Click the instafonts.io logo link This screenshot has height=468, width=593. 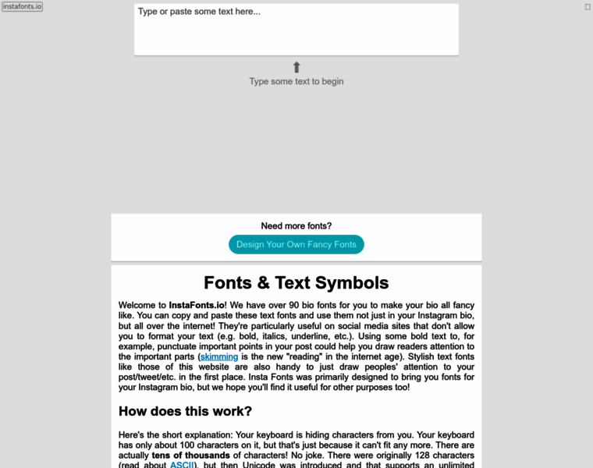(23, 6)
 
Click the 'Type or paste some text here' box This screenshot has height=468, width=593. (296, 30)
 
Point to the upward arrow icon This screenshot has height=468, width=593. (296, 67)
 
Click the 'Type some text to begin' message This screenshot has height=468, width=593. (296, 81)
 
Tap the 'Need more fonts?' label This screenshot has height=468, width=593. (296, 225)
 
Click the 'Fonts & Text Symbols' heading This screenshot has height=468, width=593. (296, 282)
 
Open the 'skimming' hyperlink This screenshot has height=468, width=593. (219, 356)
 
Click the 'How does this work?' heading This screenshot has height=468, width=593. (185, 411)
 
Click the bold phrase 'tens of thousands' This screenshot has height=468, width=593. (190, 455)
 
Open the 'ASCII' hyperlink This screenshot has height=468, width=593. (183, 465)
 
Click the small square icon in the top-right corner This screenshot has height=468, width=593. (588, 6)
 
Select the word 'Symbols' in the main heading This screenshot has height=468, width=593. (350, 282)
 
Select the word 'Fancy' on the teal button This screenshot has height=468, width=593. (321, 244)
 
